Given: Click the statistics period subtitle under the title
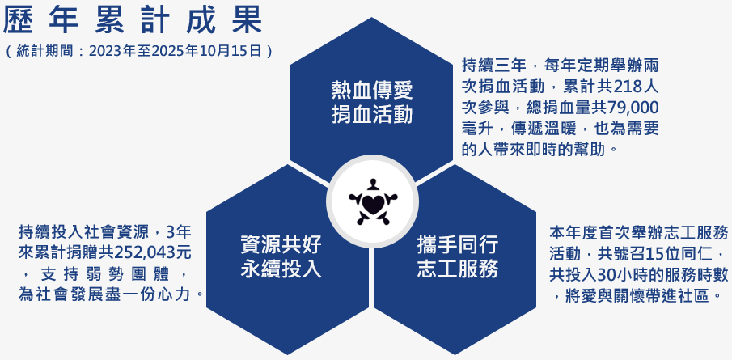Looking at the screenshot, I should (138, 51).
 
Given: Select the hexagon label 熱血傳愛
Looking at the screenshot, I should (371, 89).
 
